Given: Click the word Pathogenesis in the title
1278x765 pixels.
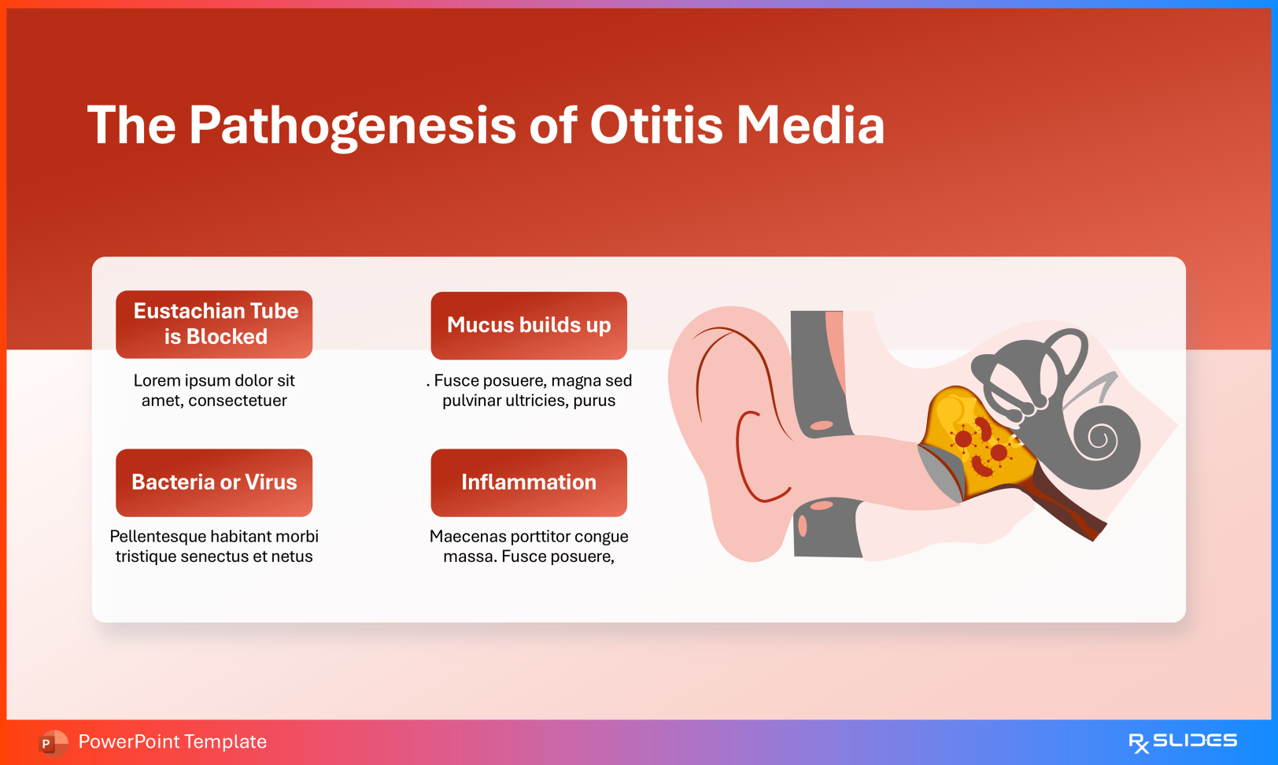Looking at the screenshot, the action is [352, 126].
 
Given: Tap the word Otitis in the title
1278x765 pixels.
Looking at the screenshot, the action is [656, 125].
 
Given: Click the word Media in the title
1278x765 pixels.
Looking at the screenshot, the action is [811, 125].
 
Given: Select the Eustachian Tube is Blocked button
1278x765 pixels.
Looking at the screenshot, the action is [214, 324].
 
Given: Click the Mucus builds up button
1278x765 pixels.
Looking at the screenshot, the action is [529, 326].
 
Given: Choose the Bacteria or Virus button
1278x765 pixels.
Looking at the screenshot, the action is [214, 482].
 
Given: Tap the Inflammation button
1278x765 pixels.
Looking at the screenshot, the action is [529, 482].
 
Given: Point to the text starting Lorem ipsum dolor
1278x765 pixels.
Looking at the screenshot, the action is [214, 390].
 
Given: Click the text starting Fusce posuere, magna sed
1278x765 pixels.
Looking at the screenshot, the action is [529, 390].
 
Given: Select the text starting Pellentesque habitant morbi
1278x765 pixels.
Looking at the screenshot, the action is [214, 546].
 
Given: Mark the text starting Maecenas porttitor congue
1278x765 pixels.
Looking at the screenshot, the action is [529, 546].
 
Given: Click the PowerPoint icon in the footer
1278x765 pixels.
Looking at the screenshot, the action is [53, 743].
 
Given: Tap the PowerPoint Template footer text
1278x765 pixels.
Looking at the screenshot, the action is [172, 741].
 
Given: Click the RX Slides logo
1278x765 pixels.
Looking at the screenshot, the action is [1183, 742].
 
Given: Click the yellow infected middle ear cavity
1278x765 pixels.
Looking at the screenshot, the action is [978, 439].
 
